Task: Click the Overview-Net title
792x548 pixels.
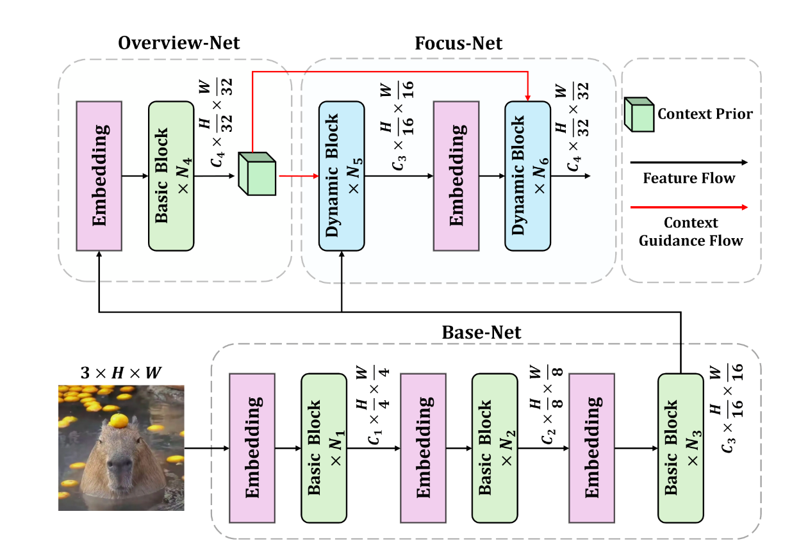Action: [179, 44]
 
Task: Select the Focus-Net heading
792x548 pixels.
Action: [458, 44]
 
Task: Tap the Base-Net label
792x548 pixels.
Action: [481, 333]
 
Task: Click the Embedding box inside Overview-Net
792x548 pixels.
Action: [99, 175]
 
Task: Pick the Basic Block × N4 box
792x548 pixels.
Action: [171, 175]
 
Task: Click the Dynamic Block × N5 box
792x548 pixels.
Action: [342, 175]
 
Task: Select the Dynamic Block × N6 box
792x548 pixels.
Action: [527, 175]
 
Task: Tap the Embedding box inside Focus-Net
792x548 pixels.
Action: [456, 175]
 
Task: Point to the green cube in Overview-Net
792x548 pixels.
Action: [257, 173]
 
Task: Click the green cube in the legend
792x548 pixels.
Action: [640, 115]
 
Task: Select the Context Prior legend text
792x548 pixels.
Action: [705, 115]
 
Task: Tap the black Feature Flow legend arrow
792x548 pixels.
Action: [688, 163]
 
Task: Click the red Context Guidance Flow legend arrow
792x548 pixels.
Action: [688, 207]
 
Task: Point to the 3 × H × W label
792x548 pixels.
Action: [120, 373]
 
